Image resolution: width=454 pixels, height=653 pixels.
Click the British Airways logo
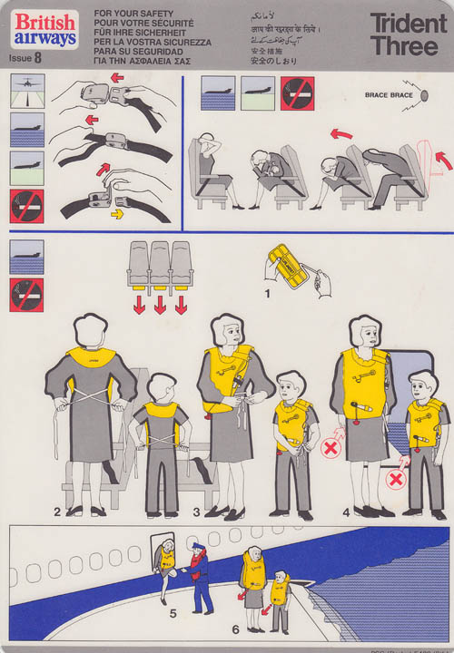tap(43, 29)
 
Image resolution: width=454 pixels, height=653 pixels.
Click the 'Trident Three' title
tap(404, 34)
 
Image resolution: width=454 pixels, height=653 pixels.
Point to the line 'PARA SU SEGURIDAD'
tap(138, 52)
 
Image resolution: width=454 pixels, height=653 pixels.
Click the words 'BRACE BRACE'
tap(388, 95)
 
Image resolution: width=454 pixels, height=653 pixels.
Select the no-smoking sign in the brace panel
tap(297, 93)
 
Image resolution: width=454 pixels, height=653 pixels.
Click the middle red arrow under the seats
tap(160, 305)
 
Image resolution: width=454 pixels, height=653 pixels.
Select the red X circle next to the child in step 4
tap(396, 478)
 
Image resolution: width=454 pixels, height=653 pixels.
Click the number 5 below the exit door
tap(172, 612)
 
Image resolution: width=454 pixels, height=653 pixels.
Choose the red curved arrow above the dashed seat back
tap(442, 160)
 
